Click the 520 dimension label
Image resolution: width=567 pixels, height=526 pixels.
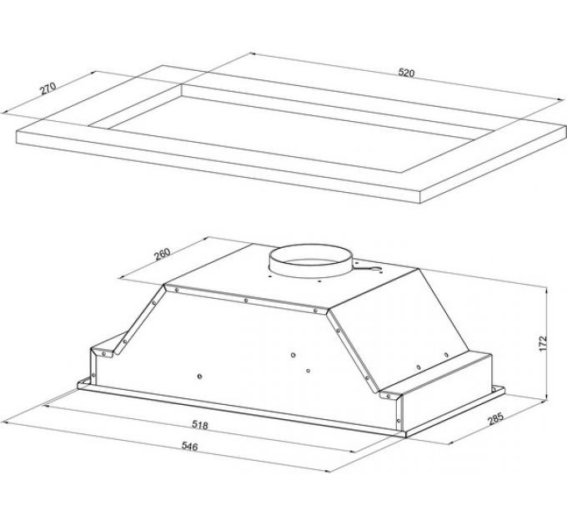point(406,73)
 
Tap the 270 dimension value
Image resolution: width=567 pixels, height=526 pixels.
point(48,89)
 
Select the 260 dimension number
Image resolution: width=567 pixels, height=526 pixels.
point(162,254)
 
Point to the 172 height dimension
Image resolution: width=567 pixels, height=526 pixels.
point(543,344)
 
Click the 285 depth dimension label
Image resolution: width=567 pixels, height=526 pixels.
point(495,419)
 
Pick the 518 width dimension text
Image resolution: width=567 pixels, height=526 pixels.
point(200,425)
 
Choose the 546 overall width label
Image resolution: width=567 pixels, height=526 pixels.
point(189,447)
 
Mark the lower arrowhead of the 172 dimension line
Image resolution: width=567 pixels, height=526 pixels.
point(545,398)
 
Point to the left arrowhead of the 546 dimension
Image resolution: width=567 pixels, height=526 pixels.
point(5,422)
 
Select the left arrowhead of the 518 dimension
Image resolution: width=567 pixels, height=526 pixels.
point(46,406)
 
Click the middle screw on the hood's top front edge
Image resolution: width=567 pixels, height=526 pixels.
point(246,300)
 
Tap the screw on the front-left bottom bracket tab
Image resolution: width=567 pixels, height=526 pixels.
point(103,353)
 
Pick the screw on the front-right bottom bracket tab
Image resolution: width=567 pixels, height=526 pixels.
point(389,397)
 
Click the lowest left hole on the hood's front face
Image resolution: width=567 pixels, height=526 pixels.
point(199,377)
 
